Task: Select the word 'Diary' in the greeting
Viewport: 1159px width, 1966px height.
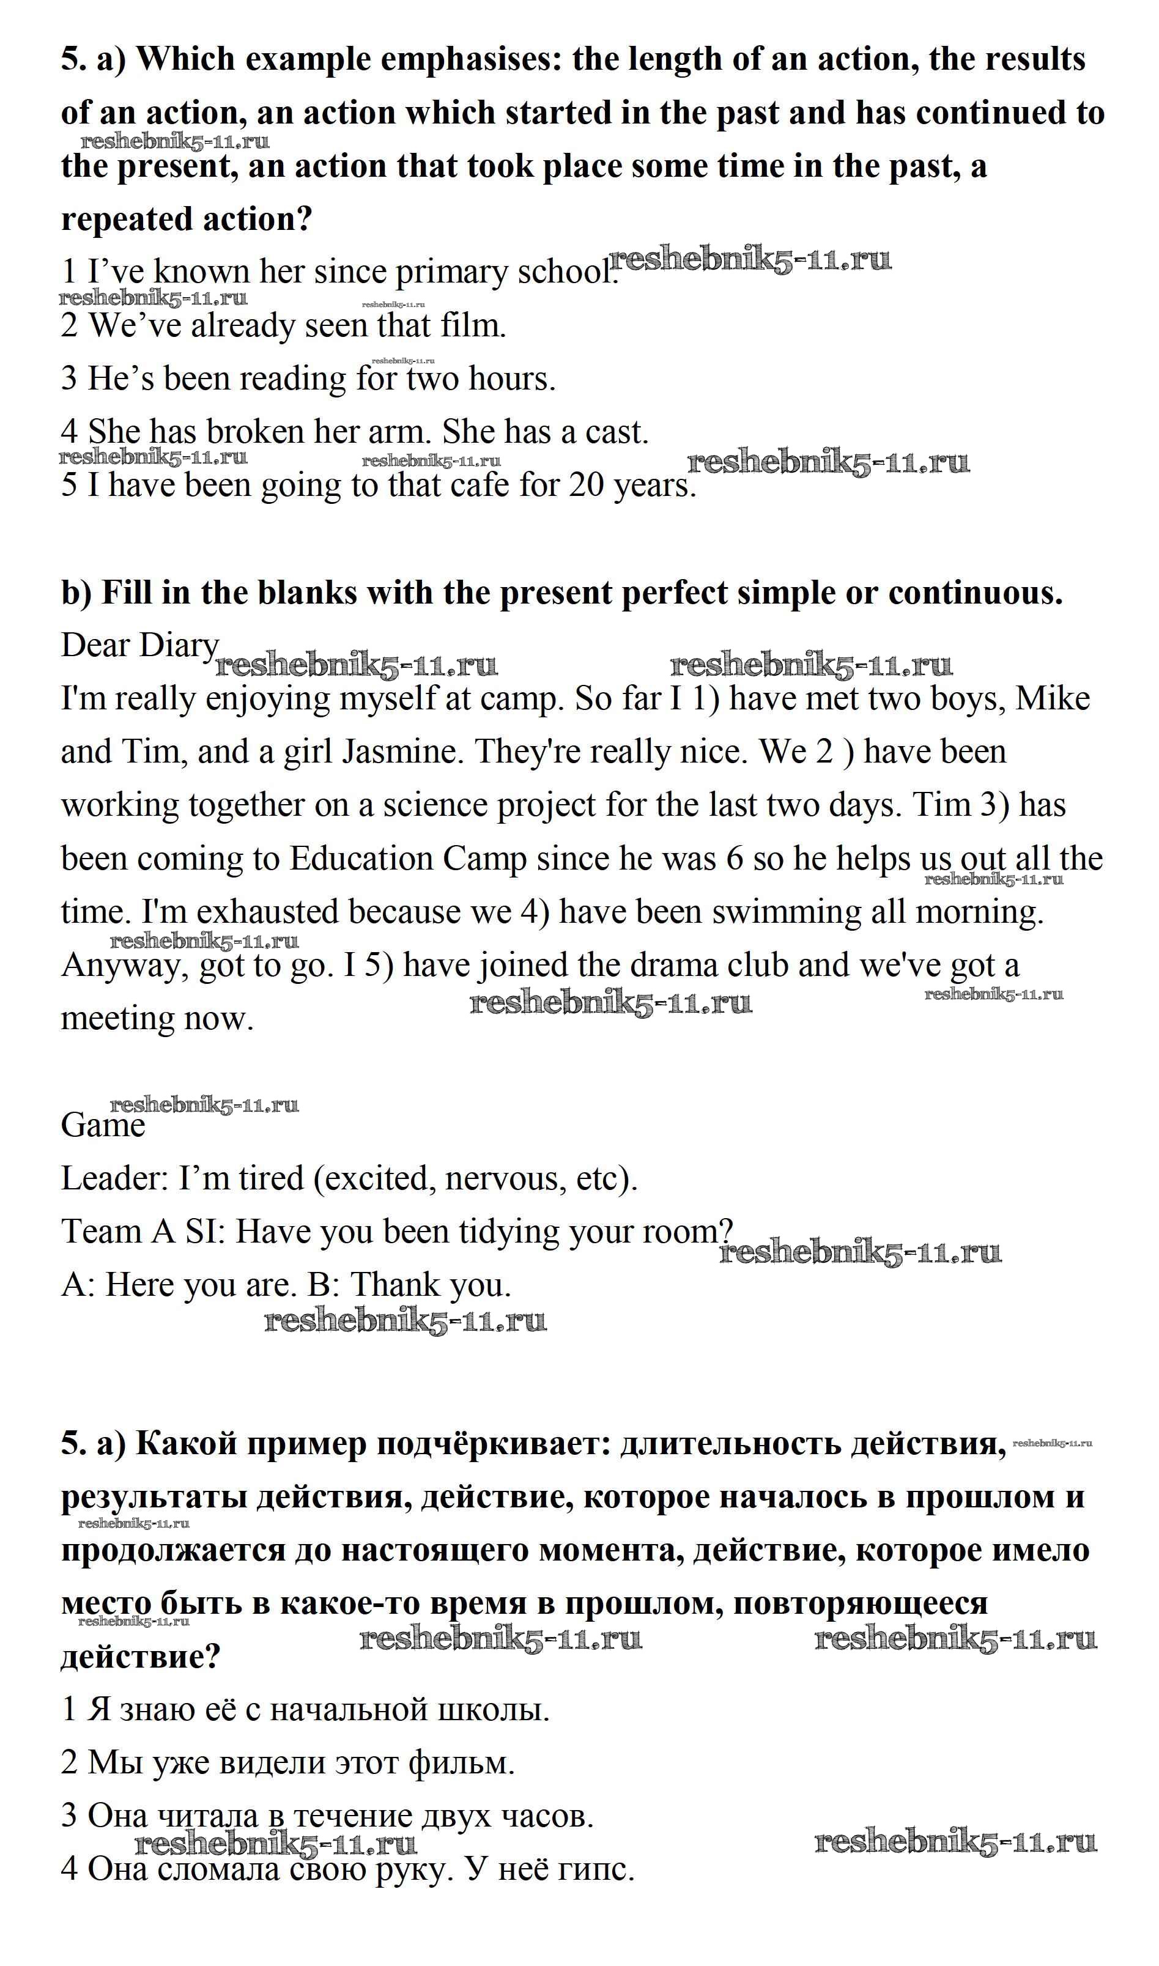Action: pyautogui.click(x=178, y=646)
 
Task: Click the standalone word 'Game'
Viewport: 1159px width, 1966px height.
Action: pyautogui.click(x=103, y=1126)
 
